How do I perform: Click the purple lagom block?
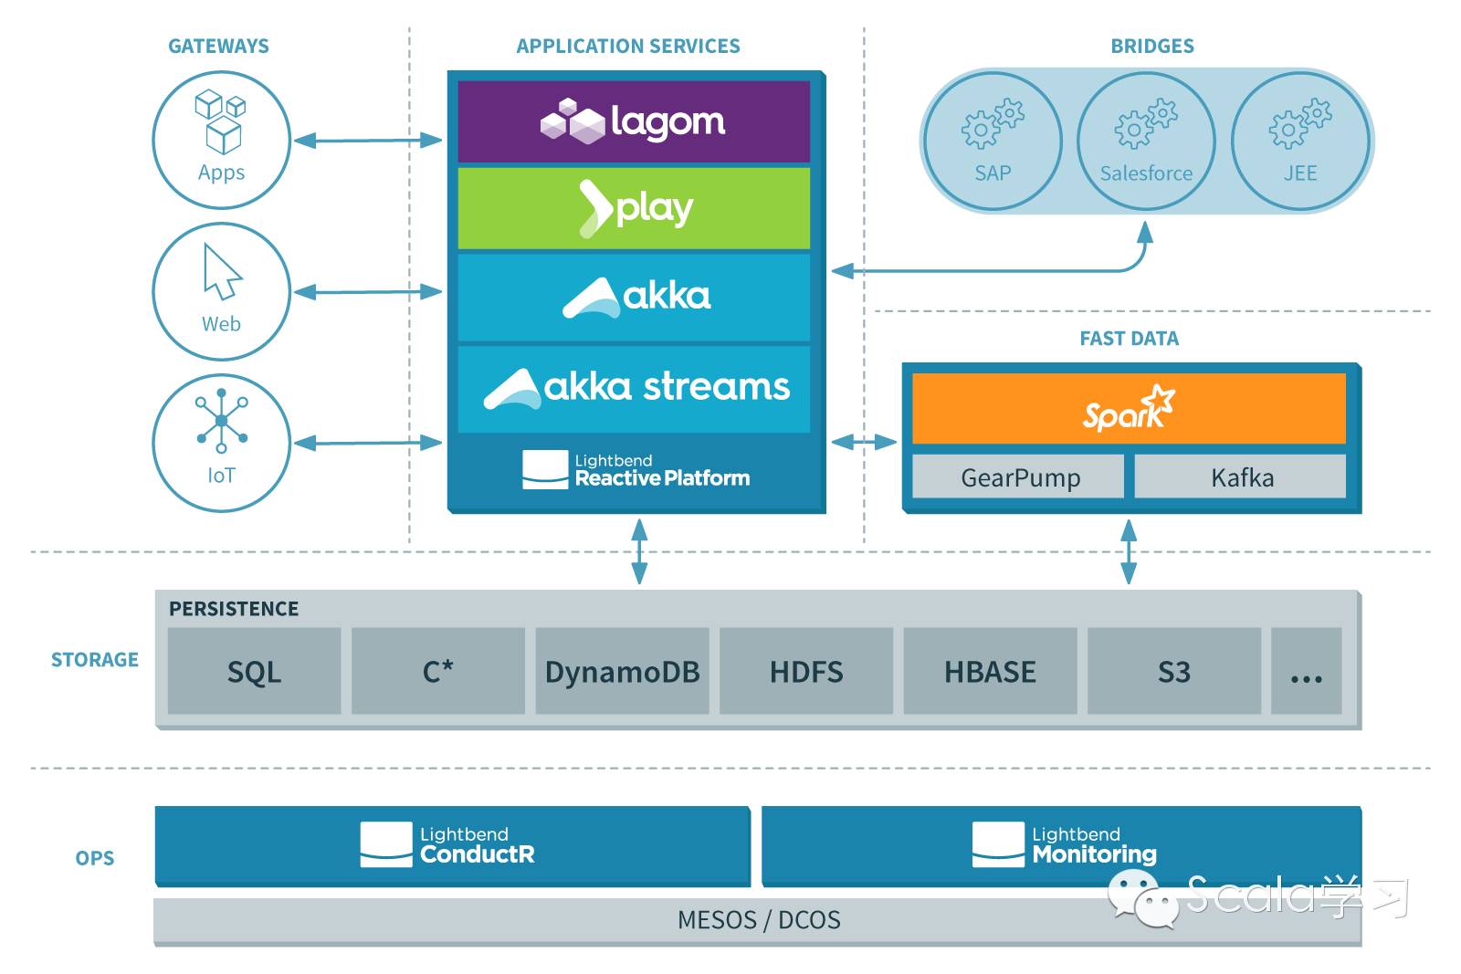click(634, 121)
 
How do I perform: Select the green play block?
click(634, 207)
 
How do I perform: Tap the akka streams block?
click(634, 388)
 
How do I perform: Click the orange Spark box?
click(1129, 408)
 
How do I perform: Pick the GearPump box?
click(1019, 477)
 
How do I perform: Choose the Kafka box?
click(1240, 477)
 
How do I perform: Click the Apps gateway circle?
click(221, 140)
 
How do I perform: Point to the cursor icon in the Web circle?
click(221, 271)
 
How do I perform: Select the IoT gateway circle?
click(221, 443)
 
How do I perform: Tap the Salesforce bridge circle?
click(1146, 141)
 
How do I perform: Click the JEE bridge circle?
click(1299, 141)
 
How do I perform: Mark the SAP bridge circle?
click(993, 141)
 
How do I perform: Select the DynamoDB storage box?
click(622, 671)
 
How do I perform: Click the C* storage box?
click(438, 671)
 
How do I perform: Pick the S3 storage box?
click(1173, 671)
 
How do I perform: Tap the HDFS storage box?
click(806, 671)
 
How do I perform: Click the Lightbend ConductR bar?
click(452, 845)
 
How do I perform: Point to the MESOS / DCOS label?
click(758, 919)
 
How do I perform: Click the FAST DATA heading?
click(1129, 339)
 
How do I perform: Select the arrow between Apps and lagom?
click(368, 141)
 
